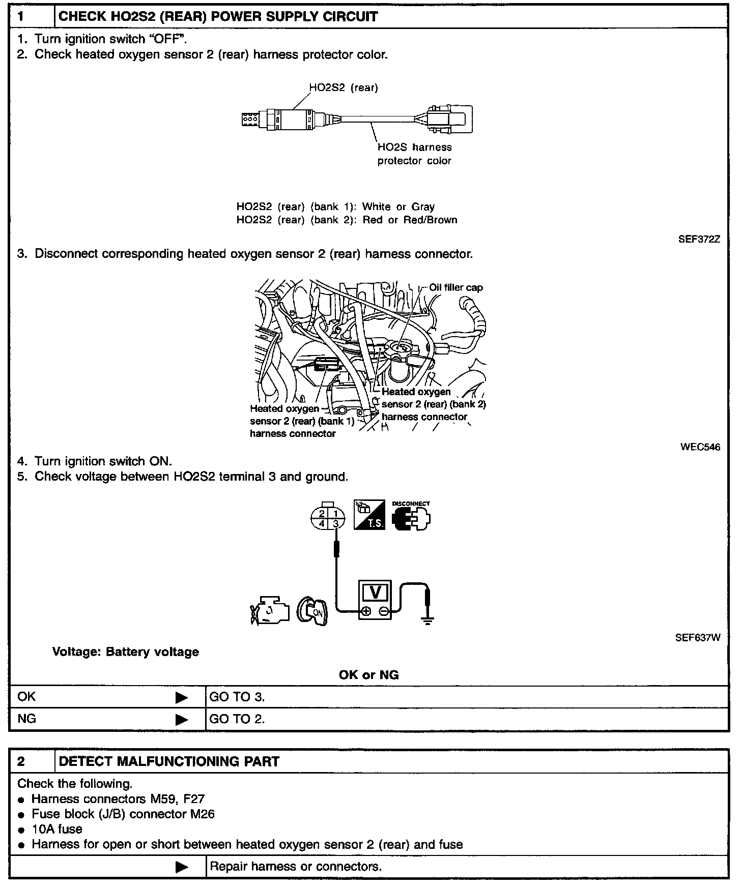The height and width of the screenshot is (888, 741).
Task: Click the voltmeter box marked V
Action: click(376, 600)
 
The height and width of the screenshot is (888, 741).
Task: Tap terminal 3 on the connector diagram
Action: click(336, 523)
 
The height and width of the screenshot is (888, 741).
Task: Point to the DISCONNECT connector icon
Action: click(411, 515)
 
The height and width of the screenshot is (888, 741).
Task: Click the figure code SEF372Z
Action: click(699, 239)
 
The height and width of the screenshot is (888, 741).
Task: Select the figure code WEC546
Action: click(700, 447)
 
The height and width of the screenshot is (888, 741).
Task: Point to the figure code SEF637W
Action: click(698, 637)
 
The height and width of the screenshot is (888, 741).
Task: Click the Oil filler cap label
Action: click(456, 287)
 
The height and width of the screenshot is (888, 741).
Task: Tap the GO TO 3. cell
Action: click(237, 697)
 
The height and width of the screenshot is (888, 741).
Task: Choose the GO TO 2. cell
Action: click(237, 719)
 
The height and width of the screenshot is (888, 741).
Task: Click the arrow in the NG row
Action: click(181, 720)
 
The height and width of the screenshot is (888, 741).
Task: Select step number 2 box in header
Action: click(32, 761)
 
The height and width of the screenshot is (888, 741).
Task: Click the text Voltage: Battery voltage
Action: click(126, 652)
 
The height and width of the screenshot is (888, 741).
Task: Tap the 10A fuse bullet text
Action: click(57, 829)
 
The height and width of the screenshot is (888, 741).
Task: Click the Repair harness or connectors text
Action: click(296, 866)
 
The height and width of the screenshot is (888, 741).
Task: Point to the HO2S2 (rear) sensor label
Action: click(344, 87)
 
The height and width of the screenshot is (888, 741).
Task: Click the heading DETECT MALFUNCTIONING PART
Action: click(169, 761)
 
